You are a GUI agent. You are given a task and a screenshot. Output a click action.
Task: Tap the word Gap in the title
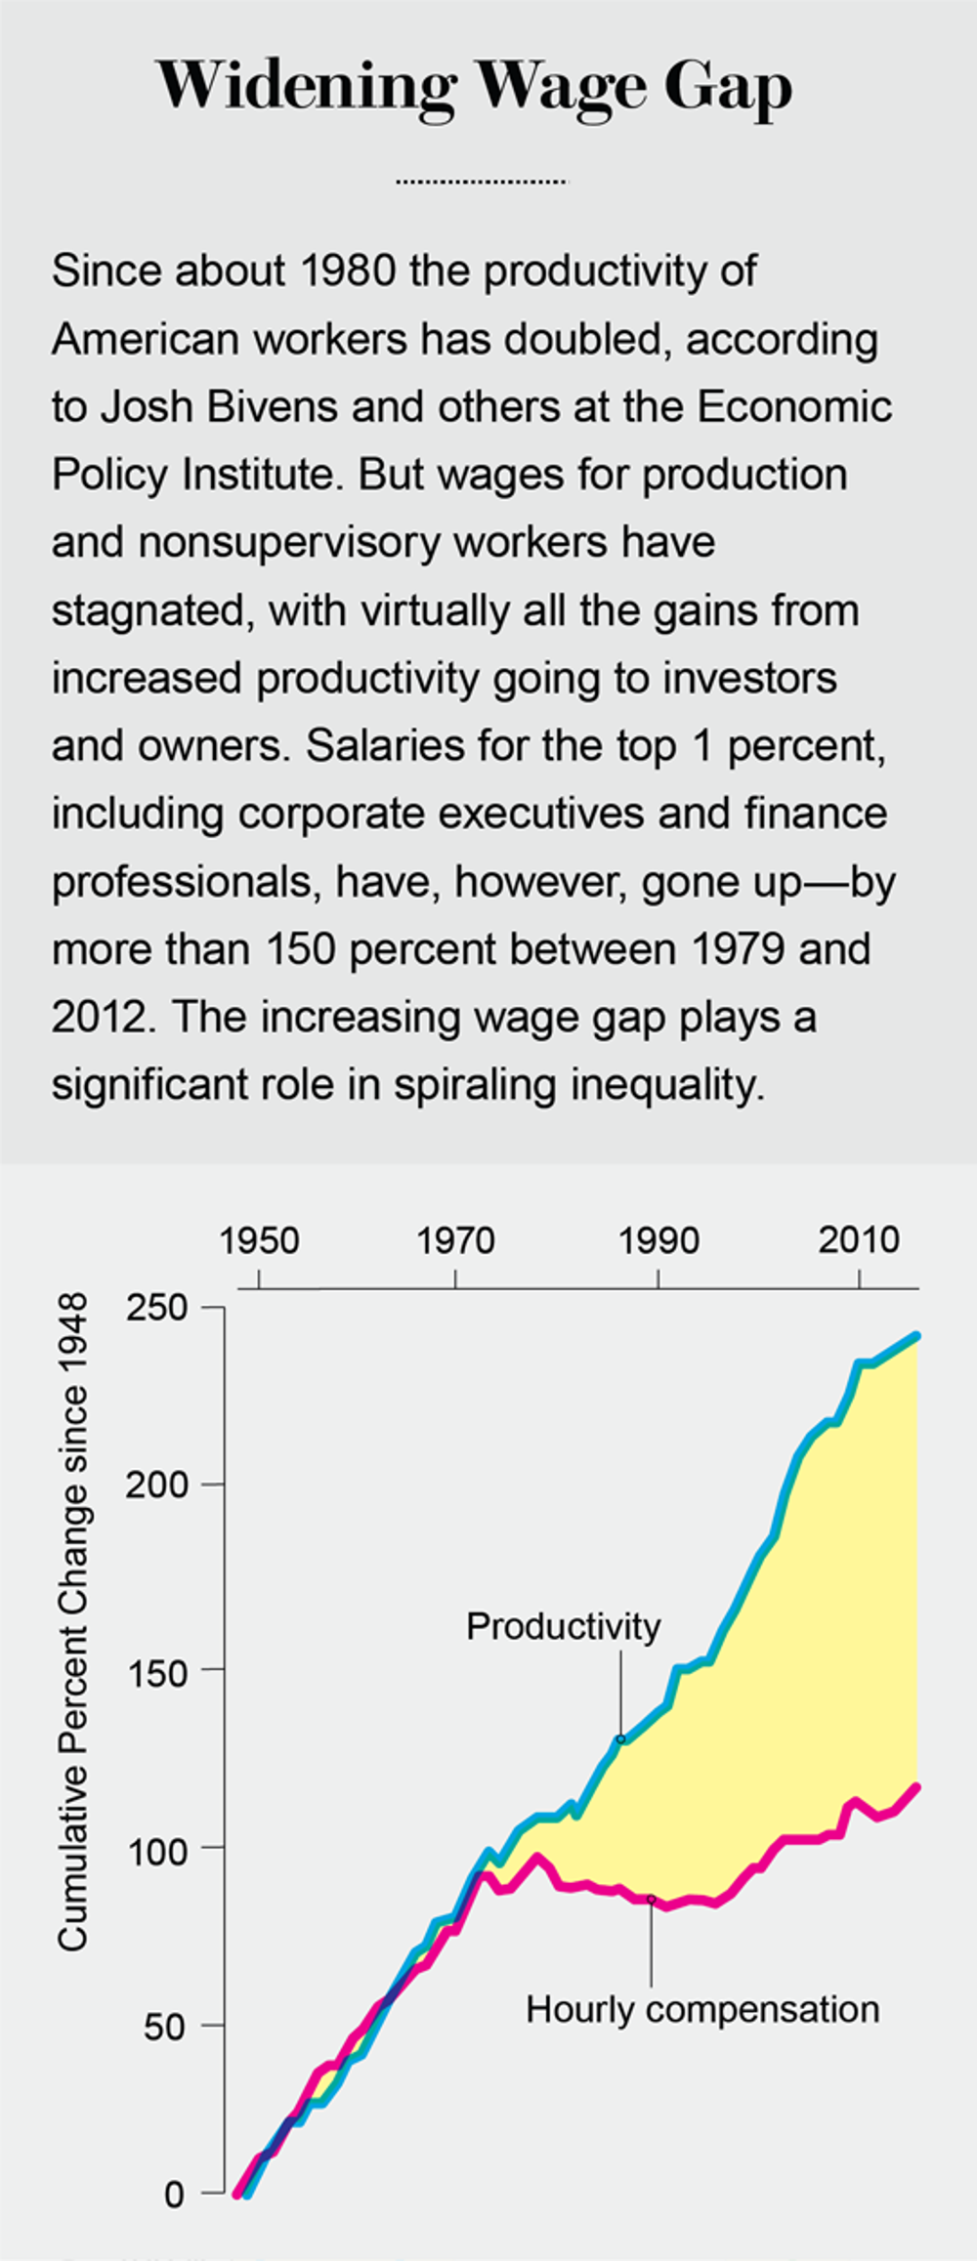(x=728, y=88)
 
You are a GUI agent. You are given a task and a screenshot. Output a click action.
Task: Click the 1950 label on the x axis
(x=259, y=1241)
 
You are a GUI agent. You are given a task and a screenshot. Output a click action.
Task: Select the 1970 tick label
(x=455, y=1241)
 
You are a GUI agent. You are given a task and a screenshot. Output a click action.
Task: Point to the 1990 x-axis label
(x=658, y=1241)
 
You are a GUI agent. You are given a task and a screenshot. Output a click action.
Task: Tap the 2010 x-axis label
(x=859, y=1241)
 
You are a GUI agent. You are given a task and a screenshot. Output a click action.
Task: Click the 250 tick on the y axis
(x=156, y=1308)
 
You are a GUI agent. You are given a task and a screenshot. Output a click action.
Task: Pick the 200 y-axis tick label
(x=156, y=1486)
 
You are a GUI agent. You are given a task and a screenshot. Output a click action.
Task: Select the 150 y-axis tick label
(x=156, y=1674)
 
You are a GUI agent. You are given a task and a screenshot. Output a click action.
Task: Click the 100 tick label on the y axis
(x=156, y=1852)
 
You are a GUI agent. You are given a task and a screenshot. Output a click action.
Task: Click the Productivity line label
(x=563, y=1627)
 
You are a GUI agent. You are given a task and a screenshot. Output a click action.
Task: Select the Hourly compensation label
(x=702, y=2010)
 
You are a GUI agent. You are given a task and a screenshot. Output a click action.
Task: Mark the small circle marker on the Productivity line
(x=619, y=1739)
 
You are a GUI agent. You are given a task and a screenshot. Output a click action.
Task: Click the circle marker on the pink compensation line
(x=651, y=1899)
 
